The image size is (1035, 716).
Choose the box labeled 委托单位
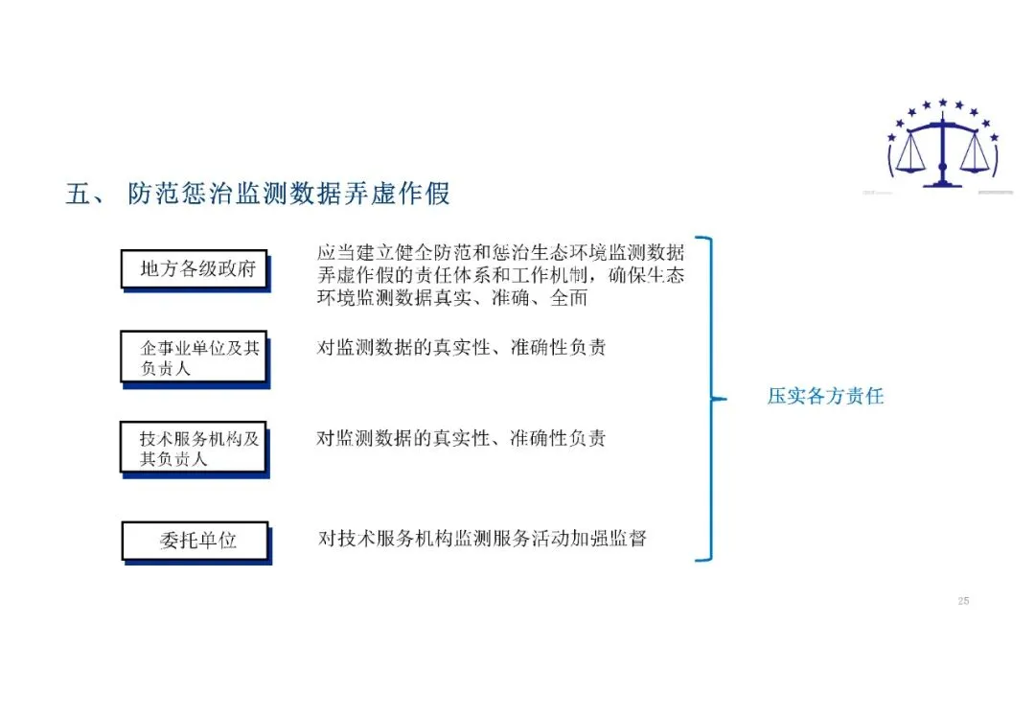(195, 541)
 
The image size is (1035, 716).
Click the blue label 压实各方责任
(824, 396)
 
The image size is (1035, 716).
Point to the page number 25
(963, 601)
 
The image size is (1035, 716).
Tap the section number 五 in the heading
(78, 194)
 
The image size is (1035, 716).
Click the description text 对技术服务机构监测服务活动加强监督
(482, 538)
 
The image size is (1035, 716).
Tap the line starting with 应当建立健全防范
(500, 253)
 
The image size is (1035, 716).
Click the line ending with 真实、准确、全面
(451, 298)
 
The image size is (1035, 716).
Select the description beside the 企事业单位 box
(461, 348)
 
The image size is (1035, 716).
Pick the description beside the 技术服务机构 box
(461, 439)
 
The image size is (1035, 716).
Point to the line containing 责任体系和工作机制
(500, 276)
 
